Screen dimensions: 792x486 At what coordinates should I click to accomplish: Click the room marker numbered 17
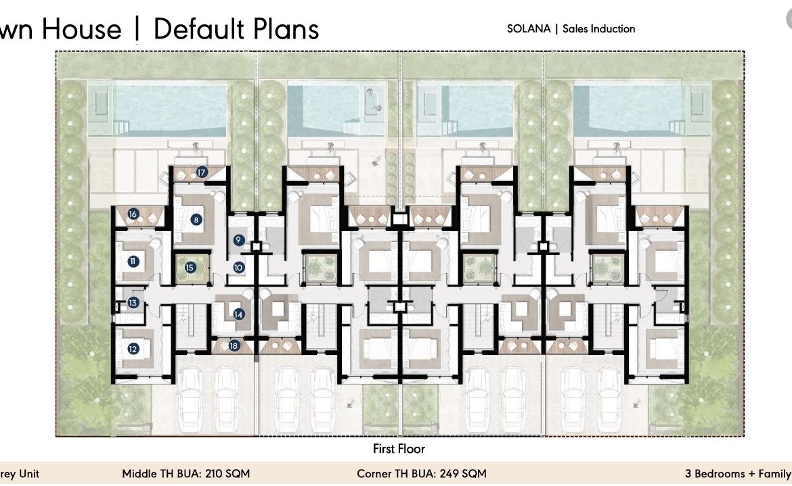click(x=202, y=172)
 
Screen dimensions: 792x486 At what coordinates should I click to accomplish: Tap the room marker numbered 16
click(x=133, y=214)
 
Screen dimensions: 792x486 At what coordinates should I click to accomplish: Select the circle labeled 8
click(x=196, y=220)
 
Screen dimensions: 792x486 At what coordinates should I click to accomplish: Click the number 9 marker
click(x=238, y=240)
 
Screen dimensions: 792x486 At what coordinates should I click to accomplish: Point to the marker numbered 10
click(x=238, y=268)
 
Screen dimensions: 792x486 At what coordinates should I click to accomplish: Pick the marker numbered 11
click(x=133, y=262)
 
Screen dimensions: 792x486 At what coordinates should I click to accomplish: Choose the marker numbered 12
click(x=133, y=349)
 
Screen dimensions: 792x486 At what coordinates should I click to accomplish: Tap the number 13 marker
click(x=133, y=303)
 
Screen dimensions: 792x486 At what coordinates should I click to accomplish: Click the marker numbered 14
click(x=238, y=314)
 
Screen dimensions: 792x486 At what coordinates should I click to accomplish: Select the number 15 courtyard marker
click(x=190, y=268)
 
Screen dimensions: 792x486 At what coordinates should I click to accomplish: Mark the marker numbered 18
click(x=234, y=346)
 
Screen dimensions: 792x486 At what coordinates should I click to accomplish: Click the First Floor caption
click(x=399, y=449)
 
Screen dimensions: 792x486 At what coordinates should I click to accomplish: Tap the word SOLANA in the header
click(x=529, y=29)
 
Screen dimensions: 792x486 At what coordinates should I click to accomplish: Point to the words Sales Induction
click(x=598, y=29)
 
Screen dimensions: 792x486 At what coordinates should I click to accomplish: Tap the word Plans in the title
click(x=286, y=29)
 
